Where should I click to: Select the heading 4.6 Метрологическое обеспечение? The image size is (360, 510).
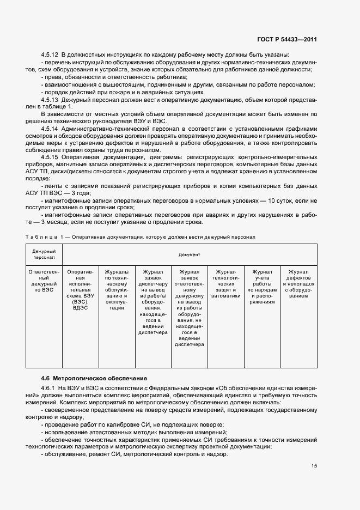point(94,378)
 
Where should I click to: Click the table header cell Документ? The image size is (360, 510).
point(189,254)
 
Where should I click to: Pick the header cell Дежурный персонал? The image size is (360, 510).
point(45,254)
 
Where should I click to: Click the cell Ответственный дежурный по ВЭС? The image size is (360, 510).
point(45,281)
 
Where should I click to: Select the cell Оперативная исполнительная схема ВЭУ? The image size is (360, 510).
point(80,288)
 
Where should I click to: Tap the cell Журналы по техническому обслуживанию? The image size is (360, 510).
point(117,288)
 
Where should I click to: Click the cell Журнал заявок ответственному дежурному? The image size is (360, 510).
point(189,307)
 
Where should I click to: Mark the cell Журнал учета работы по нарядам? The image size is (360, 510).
point(261,288)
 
